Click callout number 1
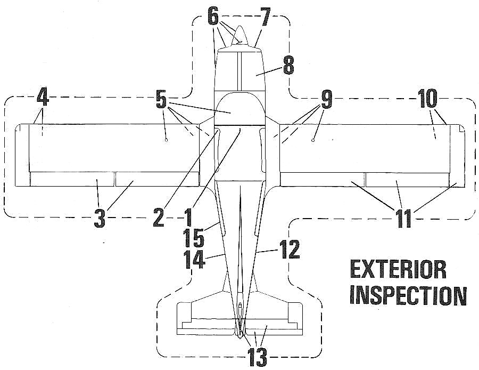(187, 218)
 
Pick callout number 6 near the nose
(213, 17)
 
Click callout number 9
(326, 99)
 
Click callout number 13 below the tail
(258, 356)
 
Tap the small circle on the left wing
(167, 140)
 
